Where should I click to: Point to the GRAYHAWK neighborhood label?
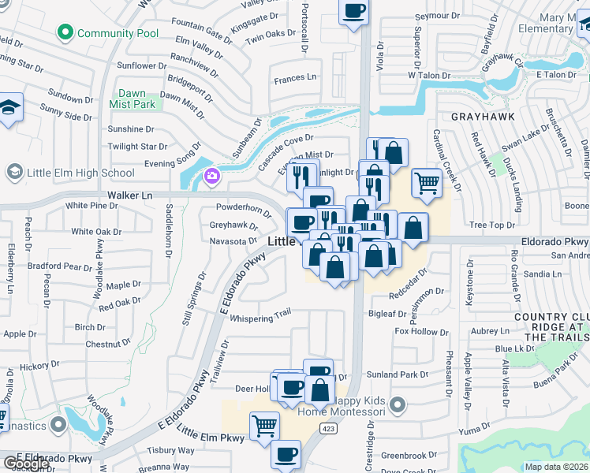click(x=483, y=116)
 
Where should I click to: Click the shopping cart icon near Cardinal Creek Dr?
click(x=427, y=182)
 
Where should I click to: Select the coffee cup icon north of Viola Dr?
click(x=353, y=11)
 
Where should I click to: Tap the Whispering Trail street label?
click(x=260, y=315)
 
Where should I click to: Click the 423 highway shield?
click(x=329, y=427)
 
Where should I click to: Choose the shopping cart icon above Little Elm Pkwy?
click(x=265, y=426)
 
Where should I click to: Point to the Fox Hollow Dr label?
click(x=420, y=332)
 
